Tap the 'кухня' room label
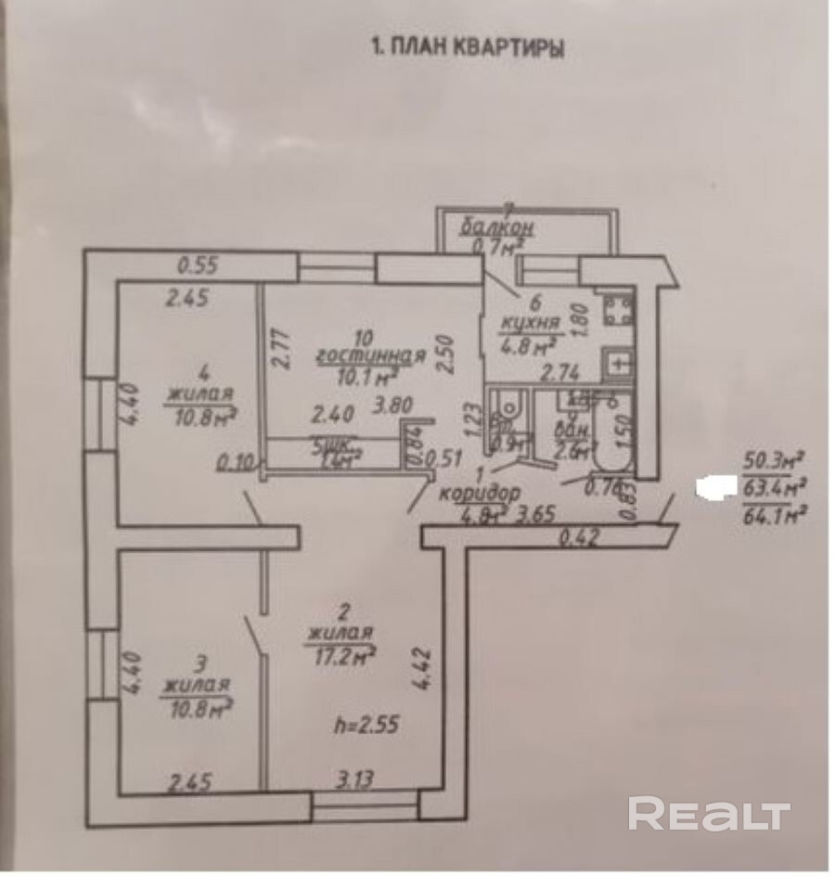click(530, 323)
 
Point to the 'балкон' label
click(493, 228)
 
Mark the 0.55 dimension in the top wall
click(197, 265)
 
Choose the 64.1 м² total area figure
click(771, 516)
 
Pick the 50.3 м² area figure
click(772, 458)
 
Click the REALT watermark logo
click(709, 814)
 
